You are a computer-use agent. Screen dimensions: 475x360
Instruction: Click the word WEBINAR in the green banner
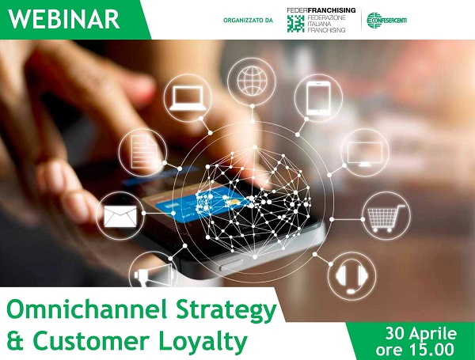pyautogui.click(x=63, y=19)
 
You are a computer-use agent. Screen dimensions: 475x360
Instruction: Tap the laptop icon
pyautogui.click(x=188, y=98)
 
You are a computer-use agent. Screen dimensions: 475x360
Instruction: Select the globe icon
pyautogui.click(x=252, y=81)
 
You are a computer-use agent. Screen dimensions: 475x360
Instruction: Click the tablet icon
pyautogui.click(x=318, y=98)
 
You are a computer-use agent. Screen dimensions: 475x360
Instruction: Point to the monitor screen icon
pyautogui.click(x=365, y=153)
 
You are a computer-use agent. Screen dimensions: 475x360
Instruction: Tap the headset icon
pyautogui.click(x=351, y=276)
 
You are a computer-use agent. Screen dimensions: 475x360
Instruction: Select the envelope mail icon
pyautogui.click(x=120, y=216)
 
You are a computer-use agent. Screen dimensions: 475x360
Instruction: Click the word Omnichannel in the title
pyautogui.click(x=87, y=309)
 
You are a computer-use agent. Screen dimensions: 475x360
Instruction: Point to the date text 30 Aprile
pyautogui.click(x=421, y=334)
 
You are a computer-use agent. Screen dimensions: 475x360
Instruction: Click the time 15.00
pyautogui.click(x=431, y=350)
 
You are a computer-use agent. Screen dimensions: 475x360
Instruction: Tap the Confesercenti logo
pyautogui.click(x=386, y=21)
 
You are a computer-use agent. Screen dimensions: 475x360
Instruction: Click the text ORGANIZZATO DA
pyautogui.click(x=248, y=21)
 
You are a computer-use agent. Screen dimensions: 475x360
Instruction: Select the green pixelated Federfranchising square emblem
pyautogui.click(x=295, y=24)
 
